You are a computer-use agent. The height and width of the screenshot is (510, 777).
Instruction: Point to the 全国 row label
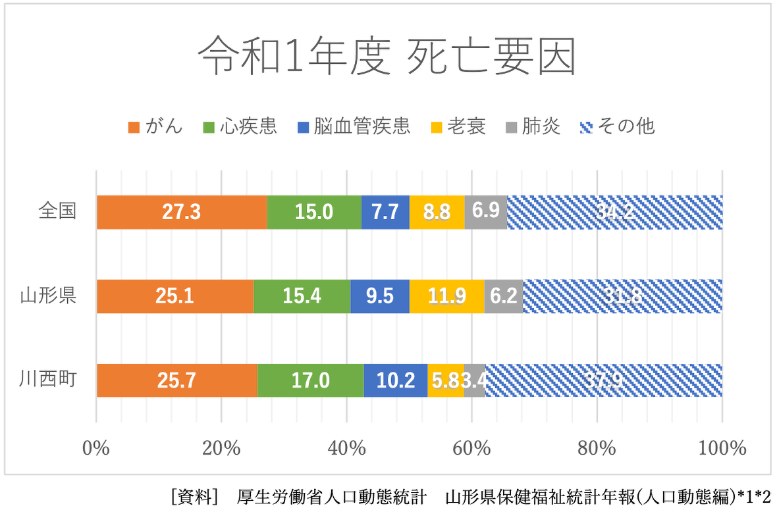coord(57,211)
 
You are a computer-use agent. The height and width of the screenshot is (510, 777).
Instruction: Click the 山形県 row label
coord(48,295)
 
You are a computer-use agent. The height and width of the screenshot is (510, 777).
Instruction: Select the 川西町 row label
coord(48,380)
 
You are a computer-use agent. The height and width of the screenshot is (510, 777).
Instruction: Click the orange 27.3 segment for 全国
coord(182,212)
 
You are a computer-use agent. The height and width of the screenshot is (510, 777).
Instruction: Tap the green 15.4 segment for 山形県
coord(302,296)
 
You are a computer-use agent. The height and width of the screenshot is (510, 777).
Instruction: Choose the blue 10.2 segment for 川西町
coord(395,380)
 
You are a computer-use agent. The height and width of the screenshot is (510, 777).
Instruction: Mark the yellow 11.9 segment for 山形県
coord(446,296)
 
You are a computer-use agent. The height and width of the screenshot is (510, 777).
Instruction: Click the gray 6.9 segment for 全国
coord(486,212)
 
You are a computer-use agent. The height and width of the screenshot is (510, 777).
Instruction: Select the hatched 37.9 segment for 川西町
coord(604,380)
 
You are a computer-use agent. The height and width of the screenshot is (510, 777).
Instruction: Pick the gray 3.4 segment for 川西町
coord(475,380)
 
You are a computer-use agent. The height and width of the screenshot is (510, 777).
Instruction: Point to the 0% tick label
coord(96,449)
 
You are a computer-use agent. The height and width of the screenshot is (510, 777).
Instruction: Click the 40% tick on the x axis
coord(347,449)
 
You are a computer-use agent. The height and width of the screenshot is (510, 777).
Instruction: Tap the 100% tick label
coord(722,449)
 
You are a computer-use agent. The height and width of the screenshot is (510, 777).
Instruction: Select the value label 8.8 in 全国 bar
coord(437,212)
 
